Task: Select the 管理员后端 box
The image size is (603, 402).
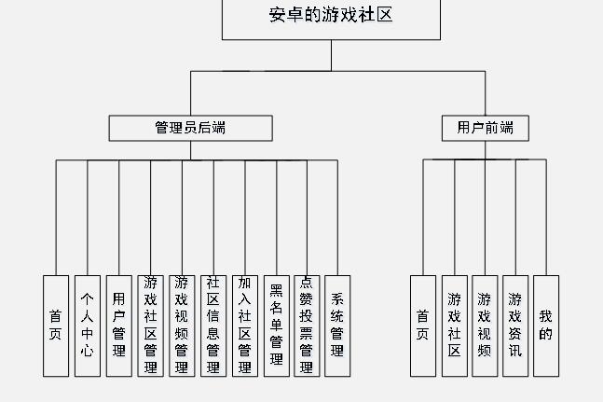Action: point(190,128)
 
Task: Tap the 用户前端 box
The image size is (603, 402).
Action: point(485,128)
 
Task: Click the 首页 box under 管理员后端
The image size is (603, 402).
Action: point(56,326)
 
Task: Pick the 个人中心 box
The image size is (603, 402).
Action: point(88,326)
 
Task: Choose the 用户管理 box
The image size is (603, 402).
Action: point(118,326)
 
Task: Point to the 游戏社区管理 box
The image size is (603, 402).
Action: point(150,326)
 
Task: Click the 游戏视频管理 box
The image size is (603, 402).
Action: point(182,326)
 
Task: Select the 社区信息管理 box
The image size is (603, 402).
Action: point(213,326)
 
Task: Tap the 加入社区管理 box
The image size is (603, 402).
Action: point(244,326)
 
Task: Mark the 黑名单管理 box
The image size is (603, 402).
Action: point(276,326)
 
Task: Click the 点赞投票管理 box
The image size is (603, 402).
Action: point(307,326)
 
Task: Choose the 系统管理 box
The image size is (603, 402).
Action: point(337,326)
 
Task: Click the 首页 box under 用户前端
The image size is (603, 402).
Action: point(423,326)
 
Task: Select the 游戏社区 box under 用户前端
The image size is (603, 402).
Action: point(454,326)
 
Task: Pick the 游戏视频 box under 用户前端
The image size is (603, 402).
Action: point(485,326)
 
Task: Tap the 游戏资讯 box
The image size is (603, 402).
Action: point(515,326)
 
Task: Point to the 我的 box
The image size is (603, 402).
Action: point(546,326)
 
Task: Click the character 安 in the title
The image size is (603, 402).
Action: point(277,15)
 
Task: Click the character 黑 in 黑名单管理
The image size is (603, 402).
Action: point(276,290)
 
